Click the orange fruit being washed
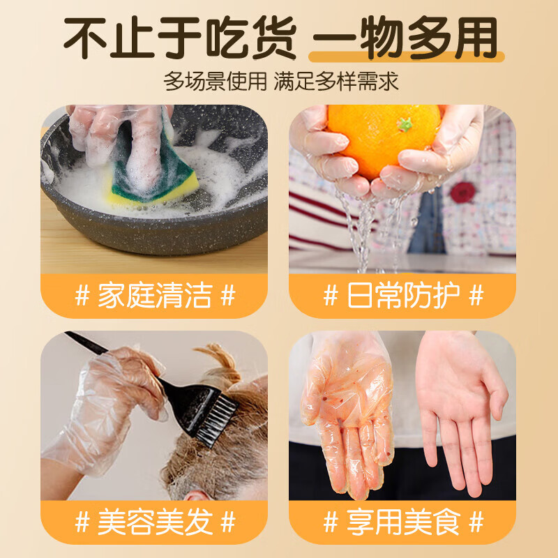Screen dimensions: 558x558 click(x=384, y=139)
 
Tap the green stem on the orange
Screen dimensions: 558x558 click(x=405, y=124)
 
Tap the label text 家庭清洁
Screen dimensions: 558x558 click(x=154, y=296)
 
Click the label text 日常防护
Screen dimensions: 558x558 click(x=403, y=296)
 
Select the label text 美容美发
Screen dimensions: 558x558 click(x=154, y=522)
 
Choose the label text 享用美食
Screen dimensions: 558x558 click(x=403, y=522)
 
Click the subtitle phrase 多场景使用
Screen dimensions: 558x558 click(x=215, y=82)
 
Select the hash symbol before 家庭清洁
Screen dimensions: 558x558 click(x=82, y=296)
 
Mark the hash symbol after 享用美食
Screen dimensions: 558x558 click(x=476, y=522)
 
